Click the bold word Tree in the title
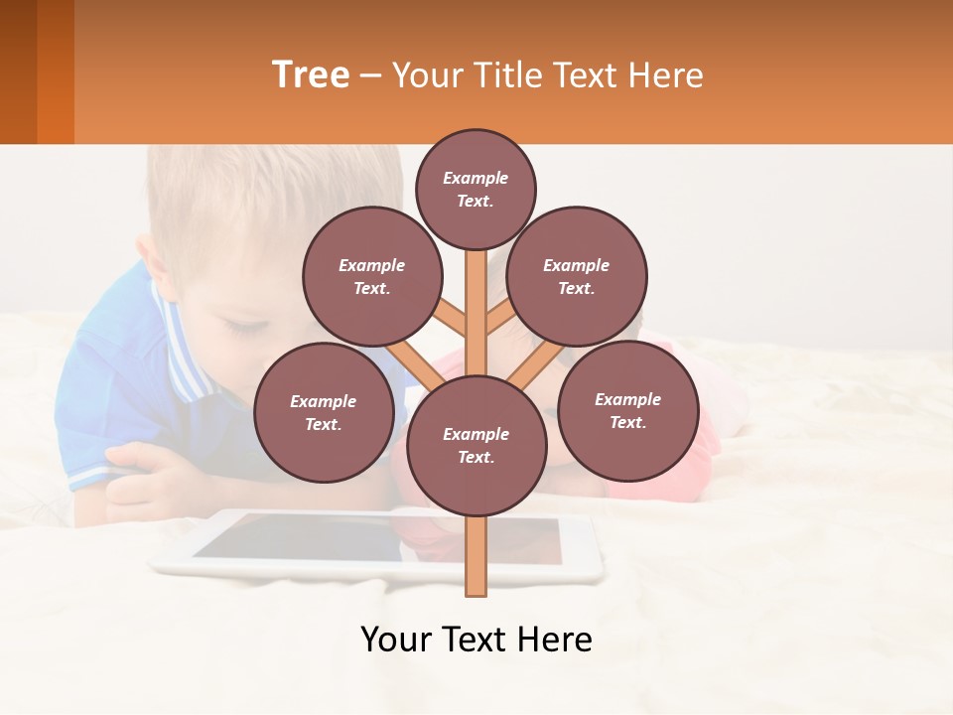click(x=311, y=74)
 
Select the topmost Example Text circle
click(x=476, y=189)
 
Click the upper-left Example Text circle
click(x=371, y=276)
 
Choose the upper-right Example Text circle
click(x=577, y=276)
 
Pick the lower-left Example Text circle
click(x=324, y=412)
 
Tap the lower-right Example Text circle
click(x=627, y=410)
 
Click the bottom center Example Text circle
click(x=476, y=445)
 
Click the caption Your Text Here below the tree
click(x=476, y=640)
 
